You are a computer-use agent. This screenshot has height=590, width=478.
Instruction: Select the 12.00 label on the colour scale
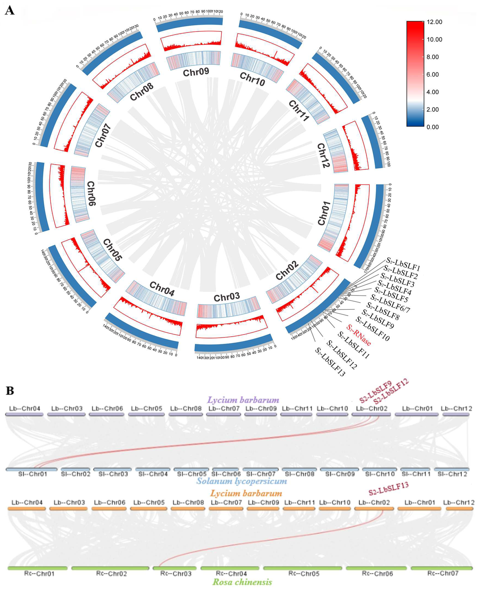click(434, 22)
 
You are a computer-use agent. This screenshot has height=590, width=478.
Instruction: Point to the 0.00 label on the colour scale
click(432, 127)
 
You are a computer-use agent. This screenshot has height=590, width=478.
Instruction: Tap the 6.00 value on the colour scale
click(432, 74)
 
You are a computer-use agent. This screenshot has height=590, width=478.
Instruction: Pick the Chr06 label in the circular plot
click(91, 193)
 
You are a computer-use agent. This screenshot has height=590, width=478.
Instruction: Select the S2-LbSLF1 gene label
click(403, 264)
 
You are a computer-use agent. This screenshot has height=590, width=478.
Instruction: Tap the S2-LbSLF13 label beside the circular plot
click(330, 362)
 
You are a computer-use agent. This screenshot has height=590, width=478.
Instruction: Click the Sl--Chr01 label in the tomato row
click(33, 474)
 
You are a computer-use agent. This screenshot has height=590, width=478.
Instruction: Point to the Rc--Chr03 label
click(176, 574)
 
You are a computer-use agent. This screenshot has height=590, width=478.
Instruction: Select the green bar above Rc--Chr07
click(441, 568)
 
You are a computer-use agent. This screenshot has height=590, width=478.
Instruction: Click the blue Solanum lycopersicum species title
click(241, 481)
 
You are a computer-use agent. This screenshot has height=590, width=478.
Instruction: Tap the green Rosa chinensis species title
click(242, 582)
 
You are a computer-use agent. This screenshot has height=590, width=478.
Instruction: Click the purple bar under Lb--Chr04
click(24, 414)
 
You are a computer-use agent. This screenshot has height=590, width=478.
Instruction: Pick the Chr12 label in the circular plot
click(323, 155)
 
